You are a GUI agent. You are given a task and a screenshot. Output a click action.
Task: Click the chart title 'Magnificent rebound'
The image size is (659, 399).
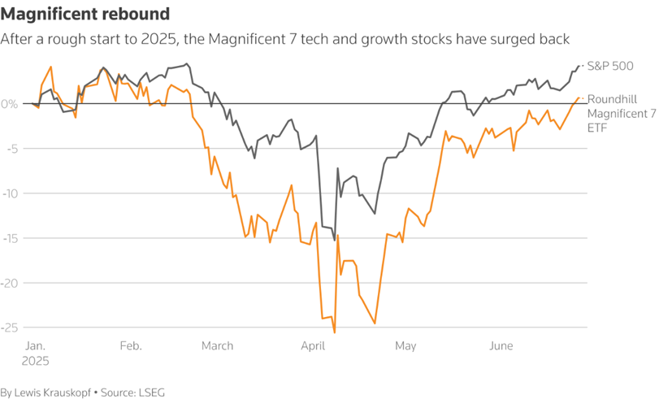point(85,14)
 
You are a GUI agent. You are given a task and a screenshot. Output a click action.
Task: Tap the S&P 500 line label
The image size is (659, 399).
point(610,66)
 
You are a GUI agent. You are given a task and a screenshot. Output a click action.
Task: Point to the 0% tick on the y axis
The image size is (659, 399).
point(9,104)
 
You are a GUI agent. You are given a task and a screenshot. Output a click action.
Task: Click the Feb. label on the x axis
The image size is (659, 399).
point(131,346)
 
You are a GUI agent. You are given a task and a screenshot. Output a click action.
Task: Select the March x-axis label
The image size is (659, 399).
point(218,346)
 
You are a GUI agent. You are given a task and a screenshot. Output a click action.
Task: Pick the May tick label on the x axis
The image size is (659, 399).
point(405,346)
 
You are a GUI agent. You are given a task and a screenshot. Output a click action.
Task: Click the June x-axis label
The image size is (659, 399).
point(501,346)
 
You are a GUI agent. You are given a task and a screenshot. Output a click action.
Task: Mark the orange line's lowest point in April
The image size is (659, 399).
point(335,332)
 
